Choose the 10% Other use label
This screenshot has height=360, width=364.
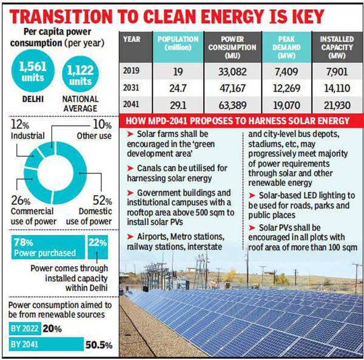pyautogui.click(x=96, y=130)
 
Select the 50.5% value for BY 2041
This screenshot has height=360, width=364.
pyautogui.click(x=99, y=344)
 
